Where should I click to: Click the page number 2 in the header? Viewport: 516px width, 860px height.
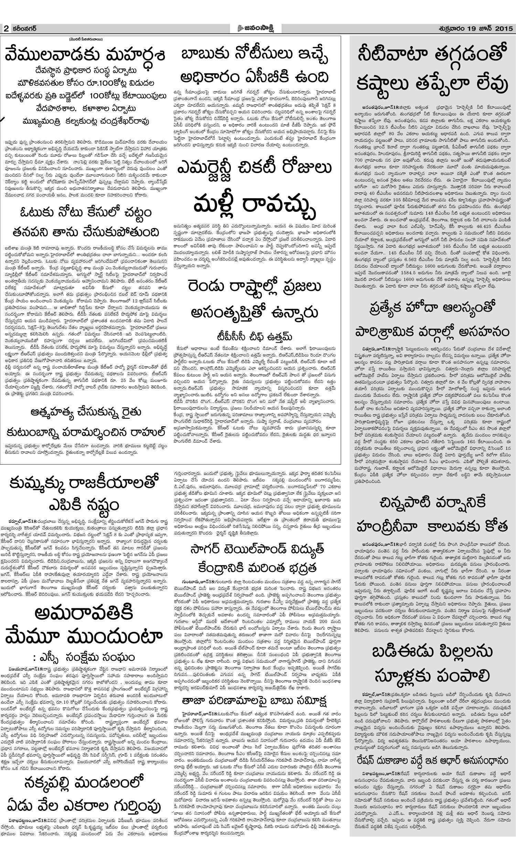coord(6,29)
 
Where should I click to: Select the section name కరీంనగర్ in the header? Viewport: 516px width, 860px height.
coord(23,29)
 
